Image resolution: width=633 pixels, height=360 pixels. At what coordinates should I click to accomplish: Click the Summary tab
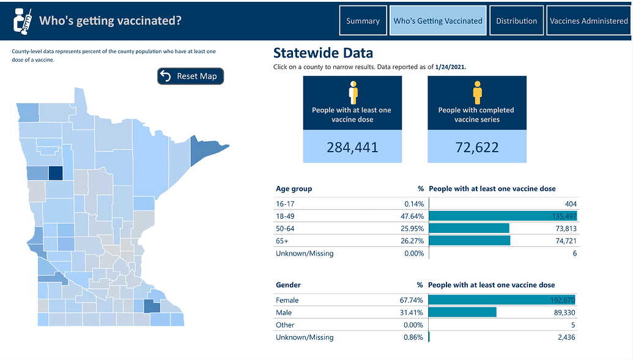click(363, 21)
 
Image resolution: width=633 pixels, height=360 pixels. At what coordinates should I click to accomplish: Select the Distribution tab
click(516, 21)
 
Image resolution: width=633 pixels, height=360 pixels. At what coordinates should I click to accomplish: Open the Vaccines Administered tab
click(588, 21)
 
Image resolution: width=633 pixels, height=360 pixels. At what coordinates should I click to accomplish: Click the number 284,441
click(352, 147)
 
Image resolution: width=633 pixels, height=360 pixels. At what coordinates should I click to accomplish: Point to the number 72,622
click(476, 147)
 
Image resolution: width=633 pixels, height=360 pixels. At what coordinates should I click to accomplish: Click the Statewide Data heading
click(323, 53)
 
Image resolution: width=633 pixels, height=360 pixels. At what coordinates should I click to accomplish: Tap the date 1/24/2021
click(451, 67)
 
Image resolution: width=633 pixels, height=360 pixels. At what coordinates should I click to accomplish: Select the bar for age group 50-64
click(469, 228)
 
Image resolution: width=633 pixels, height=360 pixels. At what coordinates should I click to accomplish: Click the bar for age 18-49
click(503, 216)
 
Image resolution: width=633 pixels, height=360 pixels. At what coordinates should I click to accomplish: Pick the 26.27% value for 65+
click(414, 241)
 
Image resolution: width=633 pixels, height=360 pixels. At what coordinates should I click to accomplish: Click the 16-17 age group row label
click(284, 204)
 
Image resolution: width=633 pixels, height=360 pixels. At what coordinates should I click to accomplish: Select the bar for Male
click(462, 312)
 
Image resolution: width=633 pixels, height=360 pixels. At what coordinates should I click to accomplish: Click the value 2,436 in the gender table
click(565, 337)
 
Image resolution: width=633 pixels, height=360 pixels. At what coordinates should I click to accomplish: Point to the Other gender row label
click(285, 325)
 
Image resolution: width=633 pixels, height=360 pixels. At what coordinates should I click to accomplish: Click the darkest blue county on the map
click(55, 173)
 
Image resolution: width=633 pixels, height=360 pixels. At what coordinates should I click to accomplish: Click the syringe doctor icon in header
click(23, 21)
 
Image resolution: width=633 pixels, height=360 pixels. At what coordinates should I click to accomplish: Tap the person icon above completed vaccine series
click(477, 93)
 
